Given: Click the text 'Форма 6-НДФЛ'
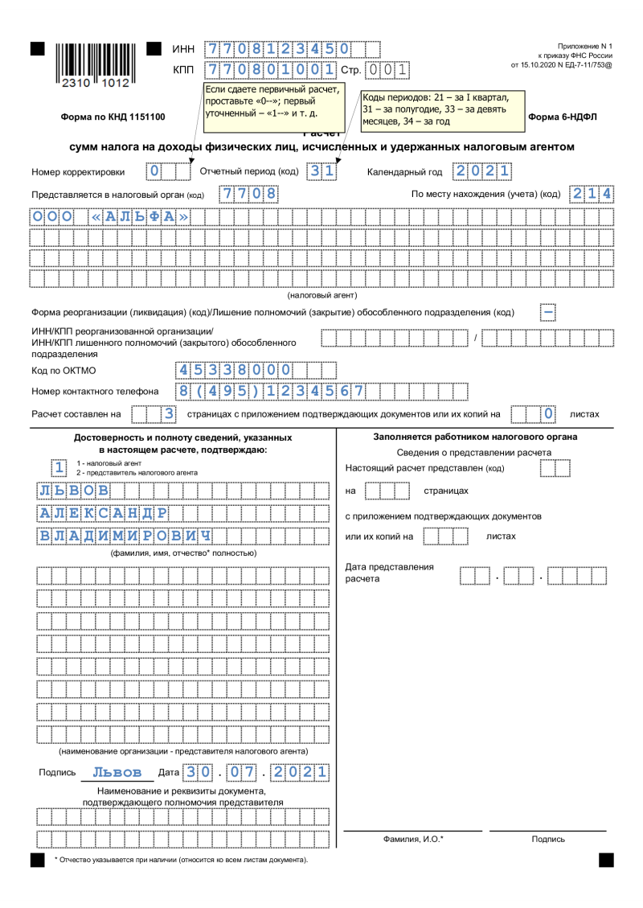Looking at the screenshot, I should (563, 117).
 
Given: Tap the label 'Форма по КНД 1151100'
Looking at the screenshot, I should (113, 117).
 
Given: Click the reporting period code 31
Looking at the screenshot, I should (321, 171).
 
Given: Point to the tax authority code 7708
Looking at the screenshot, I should (249, 194).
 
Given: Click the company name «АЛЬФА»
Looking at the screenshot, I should (141, 216).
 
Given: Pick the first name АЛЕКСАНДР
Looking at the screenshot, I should (103, 513).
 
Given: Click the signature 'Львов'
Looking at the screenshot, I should (117, 772).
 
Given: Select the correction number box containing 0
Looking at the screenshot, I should (155, 171).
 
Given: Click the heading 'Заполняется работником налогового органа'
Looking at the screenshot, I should (475, 437).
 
